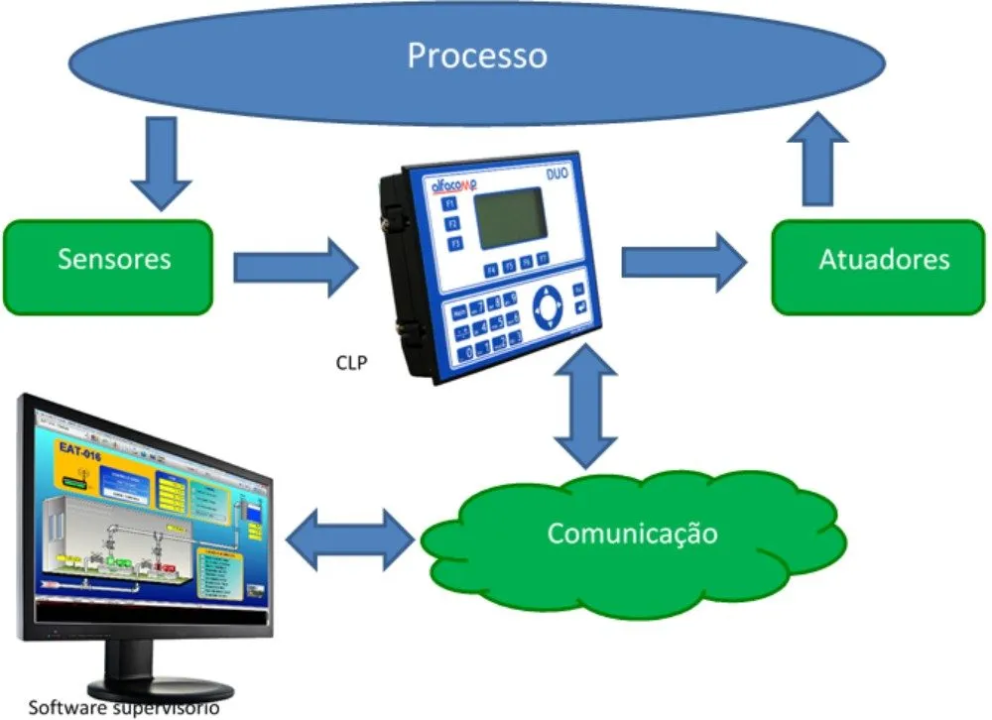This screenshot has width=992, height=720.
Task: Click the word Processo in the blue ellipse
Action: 476,56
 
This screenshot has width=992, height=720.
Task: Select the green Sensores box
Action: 113,260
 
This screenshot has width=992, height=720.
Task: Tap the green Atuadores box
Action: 884,260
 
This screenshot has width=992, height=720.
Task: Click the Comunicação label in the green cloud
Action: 632,534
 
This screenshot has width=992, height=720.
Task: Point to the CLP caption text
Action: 351,363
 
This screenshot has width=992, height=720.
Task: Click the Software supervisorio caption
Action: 123,708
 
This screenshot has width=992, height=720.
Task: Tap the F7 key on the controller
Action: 544,265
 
